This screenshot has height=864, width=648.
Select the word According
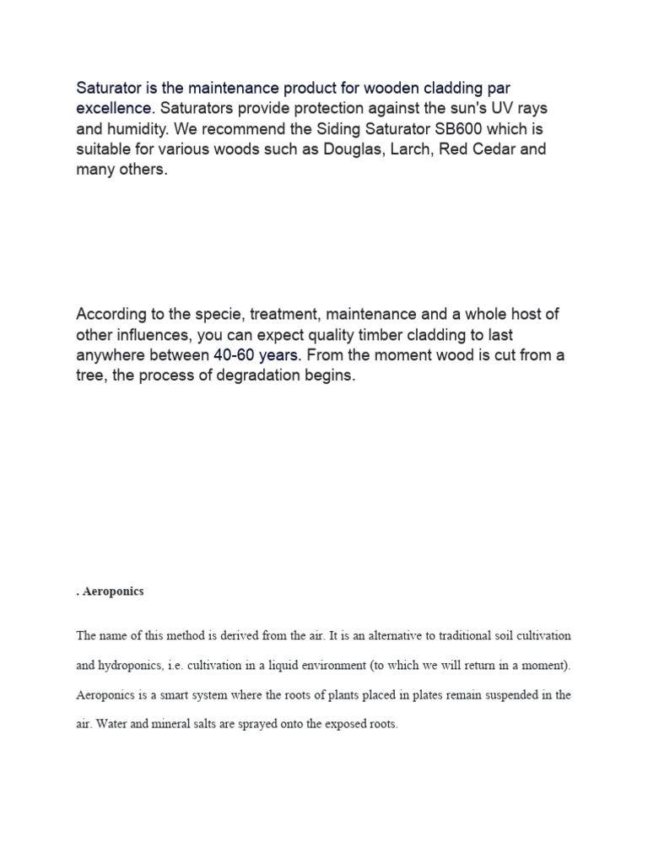tap(113, 314)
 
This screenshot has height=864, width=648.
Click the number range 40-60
tap(235, 355)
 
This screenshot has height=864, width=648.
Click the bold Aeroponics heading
tap(112, 591)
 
